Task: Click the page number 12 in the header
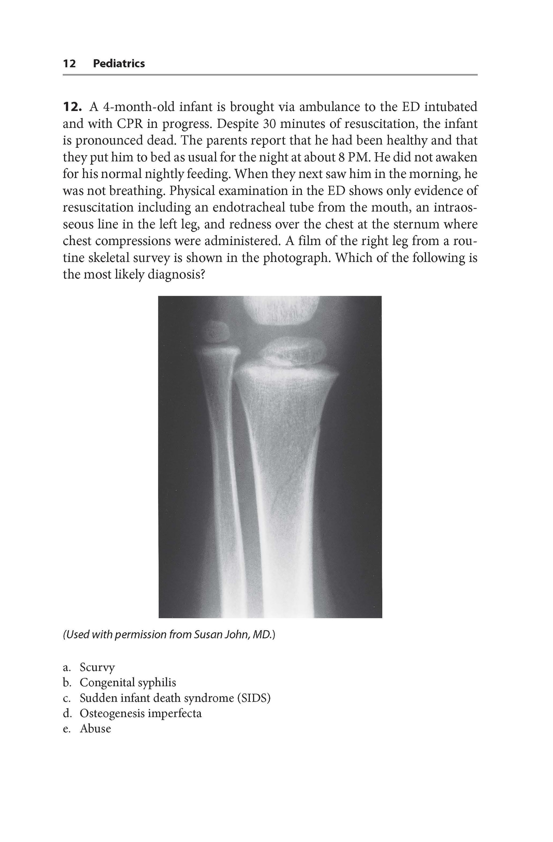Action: pos(69,64)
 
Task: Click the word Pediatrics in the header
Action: pos(119,64)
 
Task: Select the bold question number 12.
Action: pos(72,107)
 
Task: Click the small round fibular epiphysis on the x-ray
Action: pos(216,331)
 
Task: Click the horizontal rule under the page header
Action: pos(270,75)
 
